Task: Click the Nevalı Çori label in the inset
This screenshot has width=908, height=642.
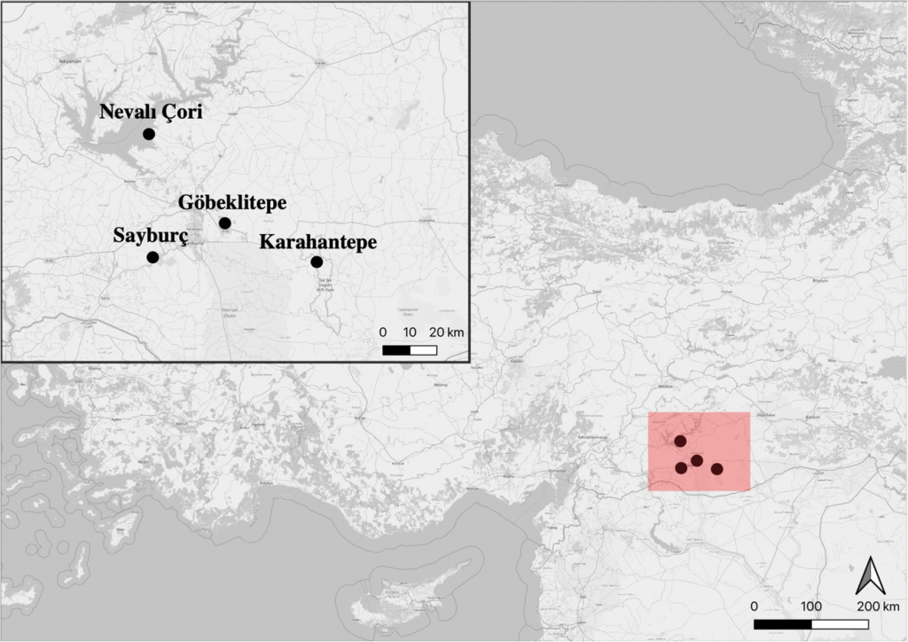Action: (x=152, y=113)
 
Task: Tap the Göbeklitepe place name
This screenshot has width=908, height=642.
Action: (x=232, y=202)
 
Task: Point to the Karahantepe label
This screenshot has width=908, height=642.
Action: (x=318, y=241)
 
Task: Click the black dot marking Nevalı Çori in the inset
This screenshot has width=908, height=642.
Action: (x=149, y=134)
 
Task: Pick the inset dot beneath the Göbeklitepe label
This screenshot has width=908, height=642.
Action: (x=225, y=223)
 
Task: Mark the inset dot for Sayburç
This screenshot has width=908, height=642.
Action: (x=153, y=257)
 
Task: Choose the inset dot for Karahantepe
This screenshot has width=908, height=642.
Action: (x=317, y=262)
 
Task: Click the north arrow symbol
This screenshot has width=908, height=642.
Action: (x=868, y=576)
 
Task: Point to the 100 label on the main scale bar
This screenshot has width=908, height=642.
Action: (x=810, y=607)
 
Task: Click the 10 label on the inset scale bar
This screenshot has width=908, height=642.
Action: (x=410, y=332)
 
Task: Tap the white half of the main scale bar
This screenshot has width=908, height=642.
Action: (x=840, y=623)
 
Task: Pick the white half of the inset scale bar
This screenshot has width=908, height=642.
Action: (x=423, y=349)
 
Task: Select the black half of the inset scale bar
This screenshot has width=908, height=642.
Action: (x=396, y=349)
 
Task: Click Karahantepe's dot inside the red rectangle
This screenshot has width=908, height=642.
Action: (x=716, y=468)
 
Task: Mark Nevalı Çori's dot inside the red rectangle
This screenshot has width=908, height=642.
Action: (x=680, y=441)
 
